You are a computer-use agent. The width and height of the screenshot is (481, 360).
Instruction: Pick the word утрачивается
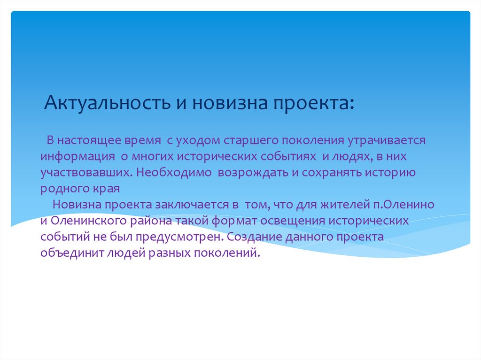386,140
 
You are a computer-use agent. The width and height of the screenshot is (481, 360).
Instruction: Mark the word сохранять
333,172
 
